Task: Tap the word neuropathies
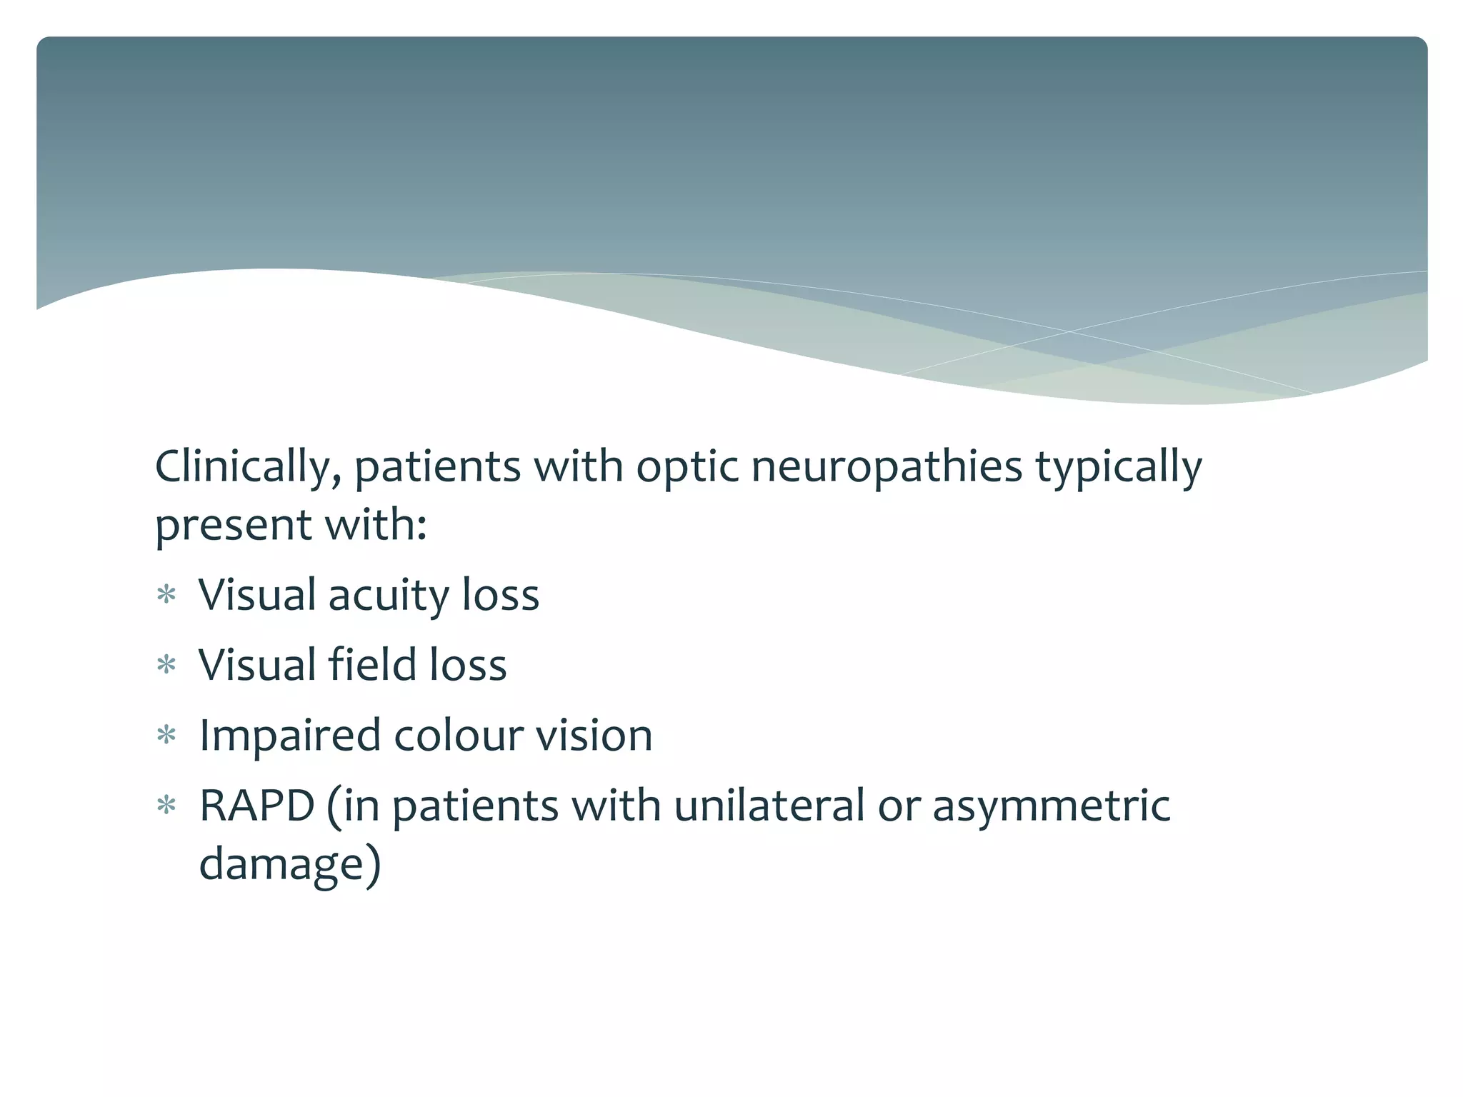(887, 468)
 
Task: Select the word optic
(686, 468)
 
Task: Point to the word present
(233, 526)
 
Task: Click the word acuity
(388, 596)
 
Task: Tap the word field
(371, 666)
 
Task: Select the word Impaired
(289, 736)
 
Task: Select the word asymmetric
(1051, 806)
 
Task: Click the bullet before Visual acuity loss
(166, 595)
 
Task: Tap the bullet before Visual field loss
(166, 666)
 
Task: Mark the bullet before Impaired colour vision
(166, 736)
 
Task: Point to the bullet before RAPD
(166, 806)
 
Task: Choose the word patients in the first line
(437, 468)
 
